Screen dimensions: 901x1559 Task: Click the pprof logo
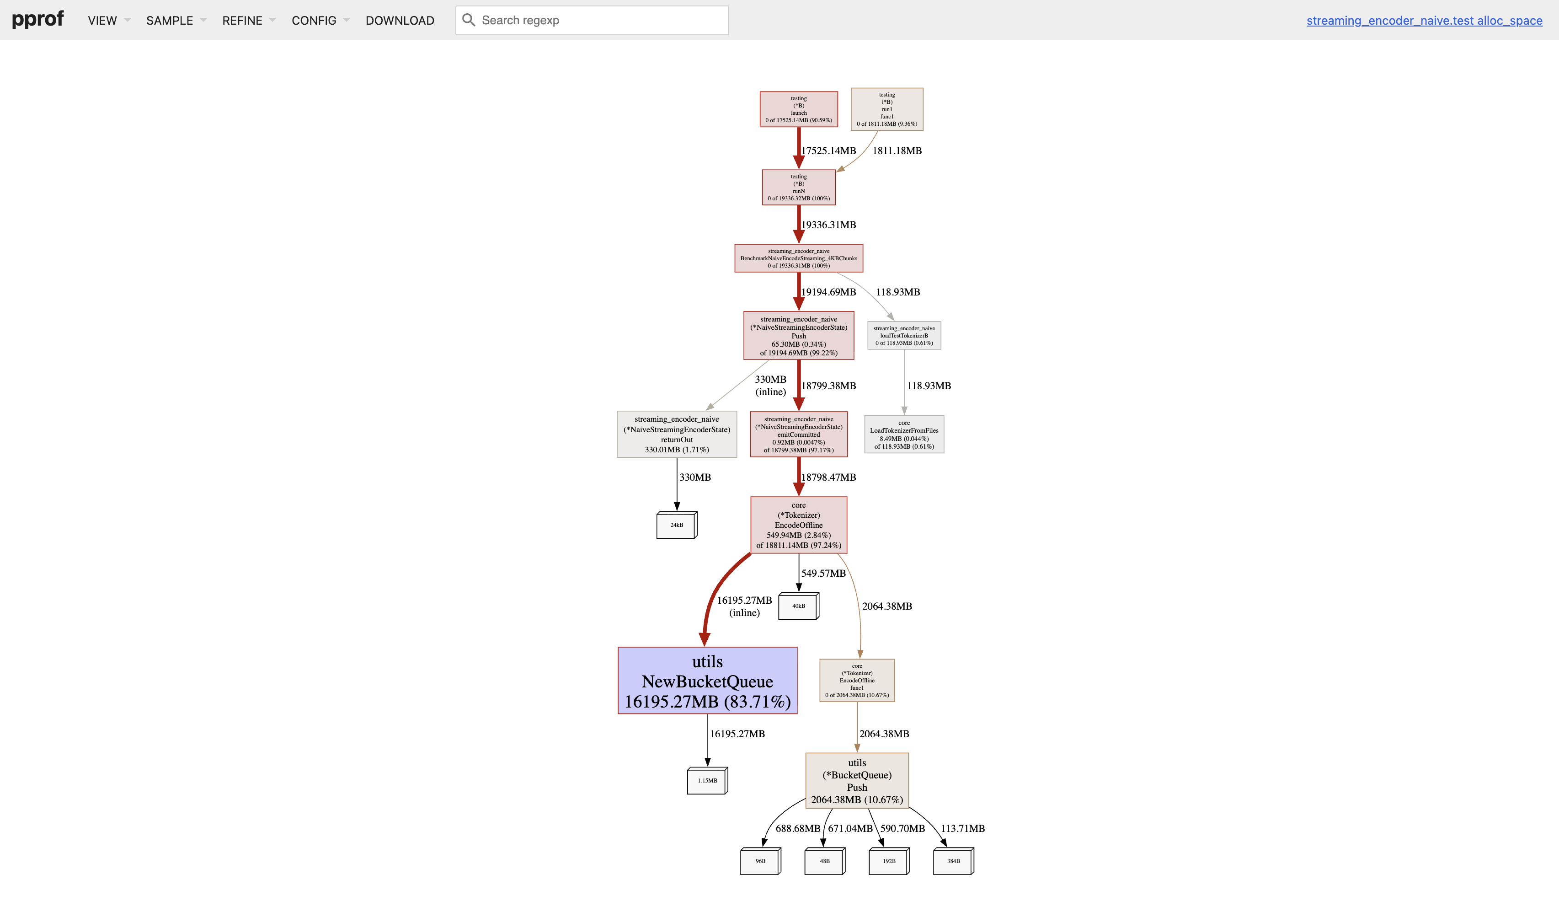coord(38,19)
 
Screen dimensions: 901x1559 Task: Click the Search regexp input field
coord(600,21)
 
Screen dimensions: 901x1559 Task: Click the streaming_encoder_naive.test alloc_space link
coord(1424,21)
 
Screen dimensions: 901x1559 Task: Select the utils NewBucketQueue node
coord(707,681)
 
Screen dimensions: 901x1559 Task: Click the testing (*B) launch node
coord(798,109)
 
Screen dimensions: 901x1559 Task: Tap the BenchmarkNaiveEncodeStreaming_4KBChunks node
coord(798,258)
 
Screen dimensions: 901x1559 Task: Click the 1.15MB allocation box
coord(707,781)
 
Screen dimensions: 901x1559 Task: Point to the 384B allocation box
coord(952,861)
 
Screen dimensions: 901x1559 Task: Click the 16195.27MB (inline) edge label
coord(744,606)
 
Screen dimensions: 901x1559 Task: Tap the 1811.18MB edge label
coord(896,151)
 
